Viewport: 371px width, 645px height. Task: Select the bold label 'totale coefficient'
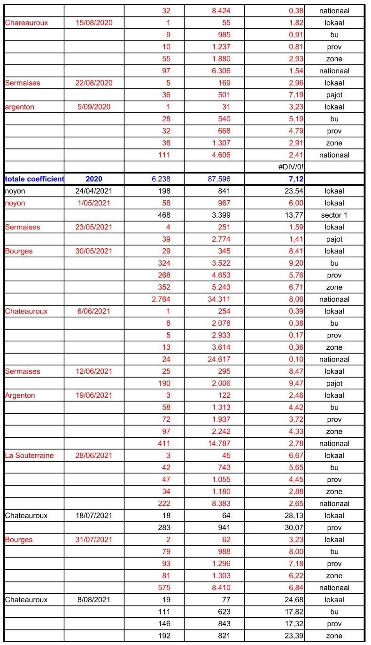click(34, 179)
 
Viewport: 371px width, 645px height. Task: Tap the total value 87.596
click(218, 179)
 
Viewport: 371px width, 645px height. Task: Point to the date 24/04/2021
click(94, 191)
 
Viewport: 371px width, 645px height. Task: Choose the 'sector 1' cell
click(334, 215)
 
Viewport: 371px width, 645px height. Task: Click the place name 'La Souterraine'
click(30, 455)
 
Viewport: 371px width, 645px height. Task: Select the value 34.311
click(218, 299)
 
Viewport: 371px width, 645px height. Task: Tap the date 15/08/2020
click(94, 23)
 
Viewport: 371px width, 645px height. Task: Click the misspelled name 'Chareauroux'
click(27, 23)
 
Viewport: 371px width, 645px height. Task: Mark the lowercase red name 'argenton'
click(20, 107)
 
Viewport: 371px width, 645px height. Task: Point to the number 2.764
click(160, 299)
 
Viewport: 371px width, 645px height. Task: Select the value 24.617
click(218, 359)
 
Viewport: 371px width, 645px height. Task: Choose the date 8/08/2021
click(94, 599)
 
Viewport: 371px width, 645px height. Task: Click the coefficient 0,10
click(295, 359)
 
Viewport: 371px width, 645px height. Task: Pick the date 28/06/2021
click(94, 455)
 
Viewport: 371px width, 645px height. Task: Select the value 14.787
click(218, 443)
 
